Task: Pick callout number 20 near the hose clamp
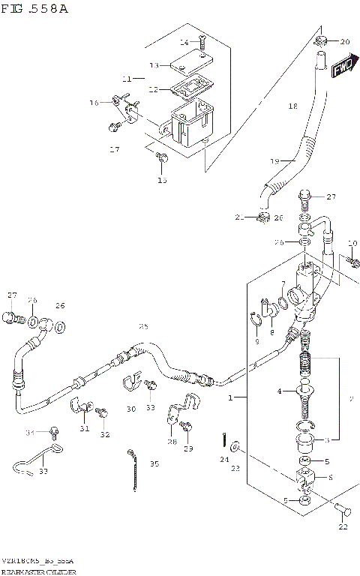tap(344, 42)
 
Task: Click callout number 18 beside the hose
tap(293, 106)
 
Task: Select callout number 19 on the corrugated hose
tap(274, 161)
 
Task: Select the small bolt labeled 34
tap(53, 430)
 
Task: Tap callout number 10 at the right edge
tap(352, 243)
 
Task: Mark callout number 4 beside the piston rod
tap(279, 391)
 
